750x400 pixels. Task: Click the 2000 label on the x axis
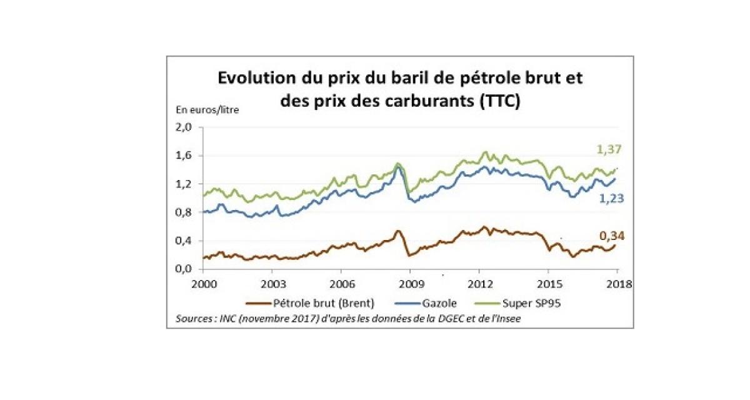[204, 282]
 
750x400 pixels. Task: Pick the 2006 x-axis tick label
[341, 282]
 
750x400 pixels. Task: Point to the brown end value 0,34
[611, 236]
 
